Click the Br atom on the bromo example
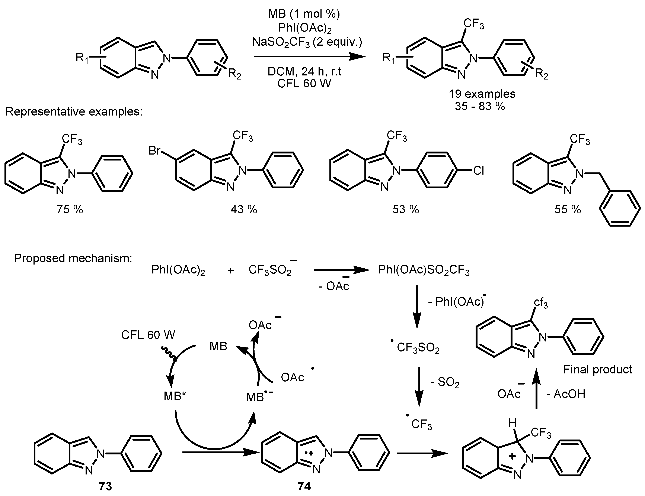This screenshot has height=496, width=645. [154, 151]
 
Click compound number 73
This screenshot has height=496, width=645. [105, 486]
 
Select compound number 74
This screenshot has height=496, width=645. [304, 486]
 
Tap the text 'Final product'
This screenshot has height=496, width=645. [597, 369]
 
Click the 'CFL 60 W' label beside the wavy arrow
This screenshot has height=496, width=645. [148, 335]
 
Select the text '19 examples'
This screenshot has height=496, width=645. [482, 94]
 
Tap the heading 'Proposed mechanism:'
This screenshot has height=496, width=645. [73, 258]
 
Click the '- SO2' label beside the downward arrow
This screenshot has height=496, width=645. [445, 383]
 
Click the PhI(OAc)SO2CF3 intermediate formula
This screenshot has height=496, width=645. [424, 270]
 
